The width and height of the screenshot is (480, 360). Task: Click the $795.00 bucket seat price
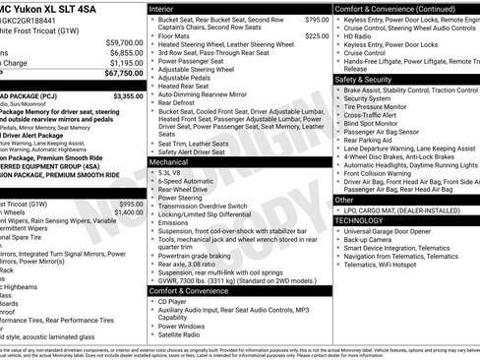click(317, 20)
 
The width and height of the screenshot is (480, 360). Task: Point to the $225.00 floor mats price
click(317, 36)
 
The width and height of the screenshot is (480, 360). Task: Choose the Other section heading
click(345, 200)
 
